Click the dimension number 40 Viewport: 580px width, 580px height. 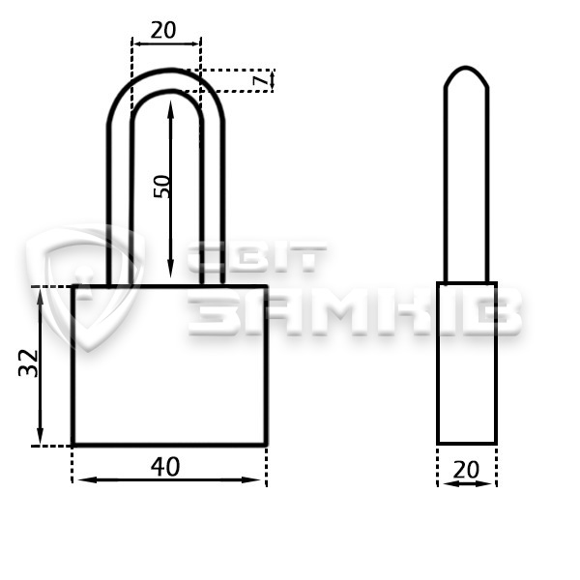coord(165,467)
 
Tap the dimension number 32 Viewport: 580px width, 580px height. coord(28,362)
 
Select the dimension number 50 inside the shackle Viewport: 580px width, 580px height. coord(161,187)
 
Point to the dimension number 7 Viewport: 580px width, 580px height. coord(261,80)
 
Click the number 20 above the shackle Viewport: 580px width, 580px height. coord(163,30)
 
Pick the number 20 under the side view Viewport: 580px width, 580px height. coord(466,470)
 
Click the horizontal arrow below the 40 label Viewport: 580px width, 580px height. coord(169,480)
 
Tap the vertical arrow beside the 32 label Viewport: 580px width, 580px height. coord(40,365)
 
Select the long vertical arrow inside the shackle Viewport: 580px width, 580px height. coord(170,188)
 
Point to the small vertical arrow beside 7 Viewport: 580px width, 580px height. coord(273,80)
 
